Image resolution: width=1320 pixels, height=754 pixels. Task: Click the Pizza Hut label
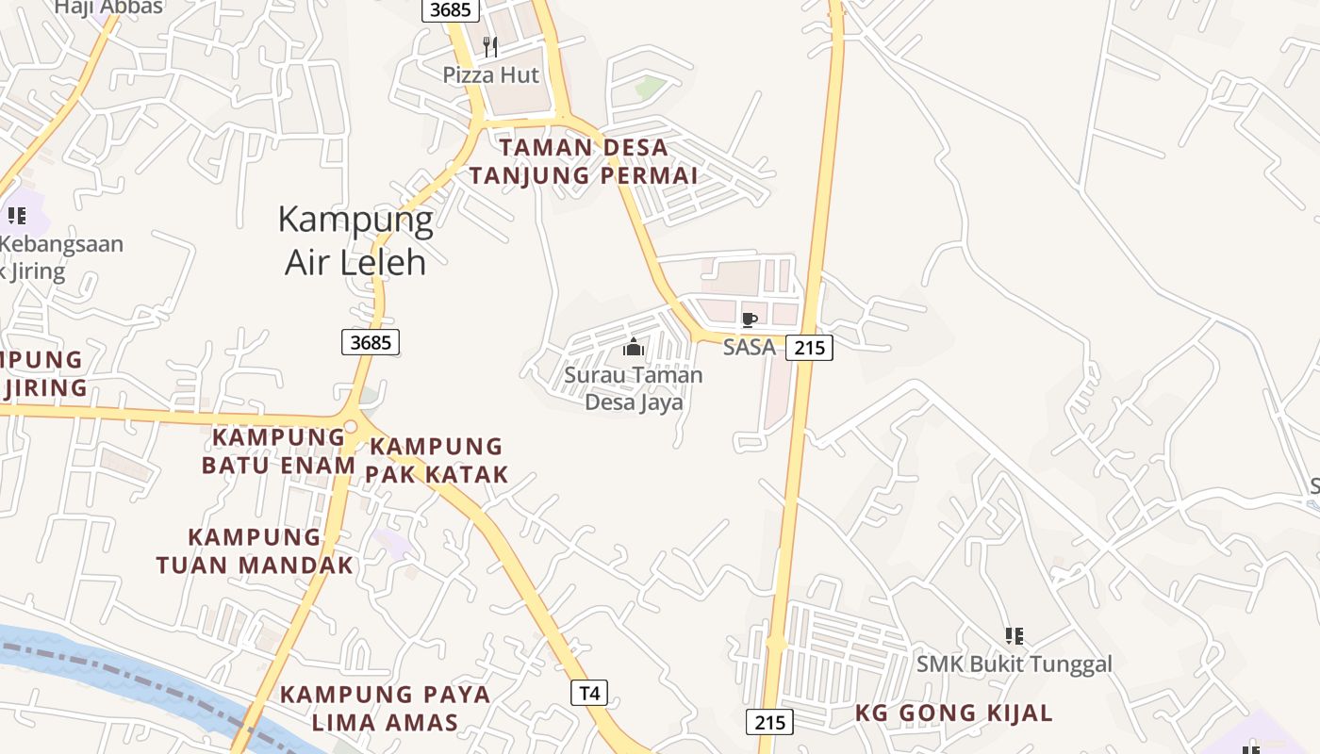coord(491,74)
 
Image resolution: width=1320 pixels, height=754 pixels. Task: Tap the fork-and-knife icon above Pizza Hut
coord(490,47)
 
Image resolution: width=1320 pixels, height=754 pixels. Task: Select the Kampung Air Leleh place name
coord(355,240)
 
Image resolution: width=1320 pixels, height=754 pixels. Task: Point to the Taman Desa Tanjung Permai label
coord(584,161)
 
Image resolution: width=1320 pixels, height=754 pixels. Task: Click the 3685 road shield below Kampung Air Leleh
coord(371,342)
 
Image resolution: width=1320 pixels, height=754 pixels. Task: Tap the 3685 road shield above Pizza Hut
coord(450,9)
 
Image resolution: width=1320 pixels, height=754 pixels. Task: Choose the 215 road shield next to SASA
coord(809,348)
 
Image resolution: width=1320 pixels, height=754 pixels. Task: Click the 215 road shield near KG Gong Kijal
coord(769,723)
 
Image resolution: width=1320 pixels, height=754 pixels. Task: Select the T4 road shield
coord(589,694)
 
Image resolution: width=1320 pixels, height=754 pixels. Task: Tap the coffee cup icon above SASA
coord(750,320)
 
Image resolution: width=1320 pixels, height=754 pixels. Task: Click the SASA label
coord(750,347)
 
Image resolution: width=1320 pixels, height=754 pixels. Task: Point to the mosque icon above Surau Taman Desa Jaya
coord(634,348)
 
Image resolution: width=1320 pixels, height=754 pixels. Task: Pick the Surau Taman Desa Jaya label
coord(634,388)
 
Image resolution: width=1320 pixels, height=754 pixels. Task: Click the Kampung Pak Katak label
coord(437,460)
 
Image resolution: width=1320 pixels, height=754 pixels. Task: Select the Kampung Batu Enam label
coord(279,451)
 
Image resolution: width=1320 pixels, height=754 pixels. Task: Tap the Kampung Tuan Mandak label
coord(255,551)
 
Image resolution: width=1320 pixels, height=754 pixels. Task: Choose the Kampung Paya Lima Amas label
coord(385,709)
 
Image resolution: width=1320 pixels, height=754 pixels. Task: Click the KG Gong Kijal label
coord(954,713)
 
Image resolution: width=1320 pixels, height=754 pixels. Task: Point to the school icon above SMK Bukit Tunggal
coord(1015,636)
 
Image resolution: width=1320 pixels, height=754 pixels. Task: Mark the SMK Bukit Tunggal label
coord(1015,664)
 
